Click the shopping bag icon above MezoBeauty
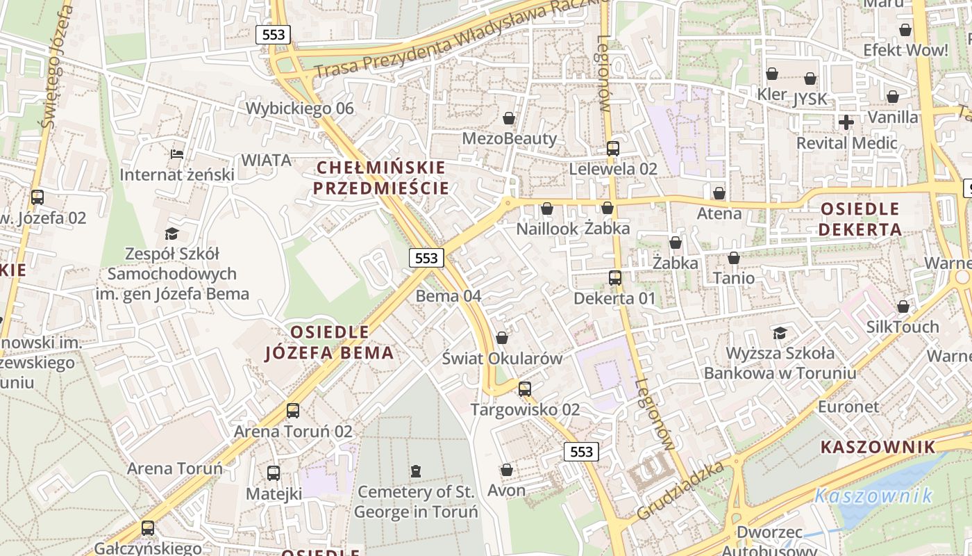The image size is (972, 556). pyautogui.click(x=509, y=119)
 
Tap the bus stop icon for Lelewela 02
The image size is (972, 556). pyautogui.click(x=612, y=148)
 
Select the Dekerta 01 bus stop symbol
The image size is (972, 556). pyautogui.click(x=614, y=278)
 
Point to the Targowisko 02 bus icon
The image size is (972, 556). pyautogui.click(x=525, y=389)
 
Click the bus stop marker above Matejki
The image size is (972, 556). pyautogui.click(x=274, y=473)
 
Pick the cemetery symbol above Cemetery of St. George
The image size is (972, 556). pyautogui.click(x=415, y=471)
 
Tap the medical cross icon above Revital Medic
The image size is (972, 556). pyautogui.click(x=846, y=123)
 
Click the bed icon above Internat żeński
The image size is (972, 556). pyautogui.click(x=177, y=154)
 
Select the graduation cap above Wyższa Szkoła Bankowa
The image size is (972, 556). pyautogui.click(x=780, y=333)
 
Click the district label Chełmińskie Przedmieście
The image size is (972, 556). pyautogui.click(x=380, y=178)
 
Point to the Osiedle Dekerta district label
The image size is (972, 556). pyautogui.click(x=860, y=219)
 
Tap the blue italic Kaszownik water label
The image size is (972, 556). pyautogui.click(x=873, y=496)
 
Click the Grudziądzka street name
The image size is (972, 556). pyautogui.click(x=681, y=490)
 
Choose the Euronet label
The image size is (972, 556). pyautogui.click(x=848, y=407)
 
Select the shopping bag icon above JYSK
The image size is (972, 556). pyautogui.click(x=810, y=79)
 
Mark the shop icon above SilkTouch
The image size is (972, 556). pyautogui.click(x=903, y=306)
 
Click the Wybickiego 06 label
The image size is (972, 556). pyautogui.click(x=299, y=108)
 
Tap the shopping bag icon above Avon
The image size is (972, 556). pyautogui.click(x=507, y=471)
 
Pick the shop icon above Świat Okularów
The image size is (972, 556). pyautogui.click(x=502, y=338)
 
